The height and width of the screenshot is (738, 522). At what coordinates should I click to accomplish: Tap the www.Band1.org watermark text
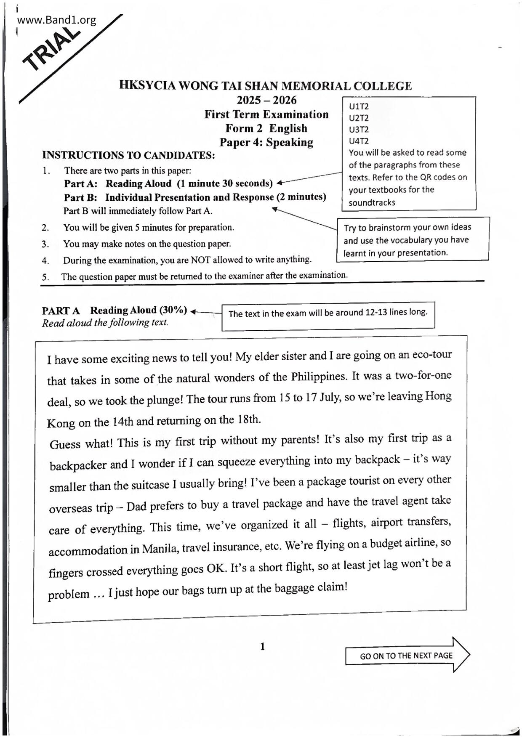[x=56, y=20]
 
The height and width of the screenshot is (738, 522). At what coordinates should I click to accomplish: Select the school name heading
[x=265, y=86]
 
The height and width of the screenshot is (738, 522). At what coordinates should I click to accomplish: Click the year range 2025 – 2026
[x=266, y=100]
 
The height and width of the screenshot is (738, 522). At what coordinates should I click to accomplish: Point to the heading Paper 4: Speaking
[x=266, y=142]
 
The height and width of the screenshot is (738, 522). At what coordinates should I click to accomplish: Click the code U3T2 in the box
[x=359, y=130]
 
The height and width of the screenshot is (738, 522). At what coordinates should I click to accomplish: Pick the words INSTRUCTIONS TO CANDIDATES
[x=128, y=155]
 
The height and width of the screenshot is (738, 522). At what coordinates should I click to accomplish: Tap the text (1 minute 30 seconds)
[x=225, y=183]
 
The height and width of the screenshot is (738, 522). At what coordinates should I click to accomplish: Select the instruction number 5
[x=45, y=277]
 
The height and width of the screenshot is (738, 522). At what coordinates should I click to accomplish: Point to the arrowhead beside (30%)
[x=194, y=311]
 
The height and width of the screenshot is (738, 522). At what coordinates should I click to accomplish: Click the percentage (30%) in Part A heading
[x=173, y=310]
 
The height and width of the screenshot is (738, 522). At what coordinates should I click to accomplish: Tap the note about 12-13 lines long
[x=328, y=313]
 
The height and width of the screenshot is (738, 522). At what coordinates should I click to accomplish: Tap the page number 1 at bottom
[x=263, y=646]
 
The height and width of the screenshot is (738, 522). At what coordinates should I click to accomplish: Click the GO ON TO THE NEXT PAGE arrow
[x=407, y=656]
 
